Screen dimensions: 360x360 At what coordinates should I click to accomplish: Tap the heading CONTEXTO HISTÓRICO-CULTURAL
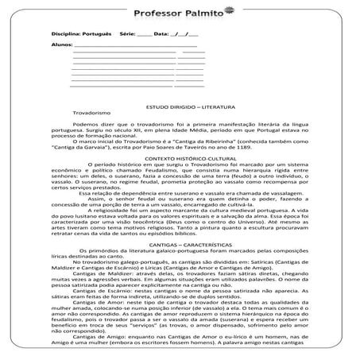(x=184, y=159)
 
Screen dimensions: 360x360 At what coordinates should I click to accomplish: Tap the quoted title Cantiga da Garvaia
(x=84, y=149)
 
